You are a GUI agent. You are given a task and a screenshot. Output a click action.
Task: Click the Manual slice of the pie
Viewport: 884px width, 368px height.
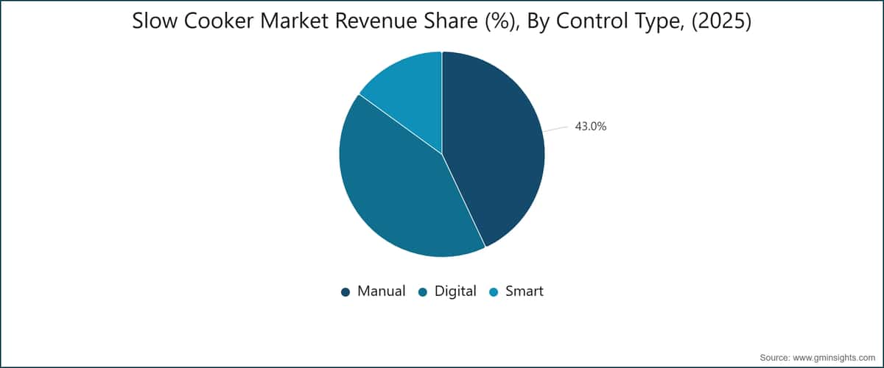(497, 150)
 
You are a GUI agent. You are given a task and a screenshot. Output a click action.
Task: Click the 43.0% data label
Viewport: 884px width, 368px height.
(590, 126)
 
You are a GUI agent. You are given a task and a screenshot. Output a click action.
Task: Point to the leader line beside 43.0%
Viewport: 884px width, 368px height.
(555, 129)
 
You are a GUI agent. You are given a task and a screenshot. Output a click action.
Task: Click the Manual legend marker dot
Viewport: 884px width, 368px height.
(345, 292)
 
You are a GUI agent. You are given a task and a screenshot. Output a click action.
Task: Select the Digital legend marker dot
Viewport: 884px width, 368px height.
(423, 292)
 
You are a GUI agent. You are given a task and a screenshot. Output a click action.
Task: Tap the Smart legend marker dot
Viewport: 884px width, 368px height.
(494, 292)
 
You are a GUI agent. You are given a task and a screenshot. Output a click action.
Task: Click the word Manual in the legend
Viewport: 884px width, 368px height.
(382, 291)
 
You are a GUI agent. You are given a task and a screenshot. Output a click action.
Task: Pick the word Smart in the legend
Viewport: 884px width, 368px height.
(525, 291)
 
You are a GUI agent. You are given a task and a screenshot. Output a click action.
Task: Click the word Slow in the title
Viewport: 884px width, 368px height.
(154, 21)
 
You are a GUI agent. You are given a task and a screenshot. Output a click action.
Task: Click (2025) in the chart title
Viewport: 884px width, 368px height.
(722, 21)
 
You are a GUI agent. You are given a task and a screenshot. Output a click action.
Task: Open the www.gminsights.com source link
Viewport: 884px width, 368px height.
(834, 358)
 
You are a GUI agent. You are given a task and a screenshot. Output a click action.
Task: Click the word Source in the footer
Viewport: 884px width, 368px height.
(775, 358)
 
